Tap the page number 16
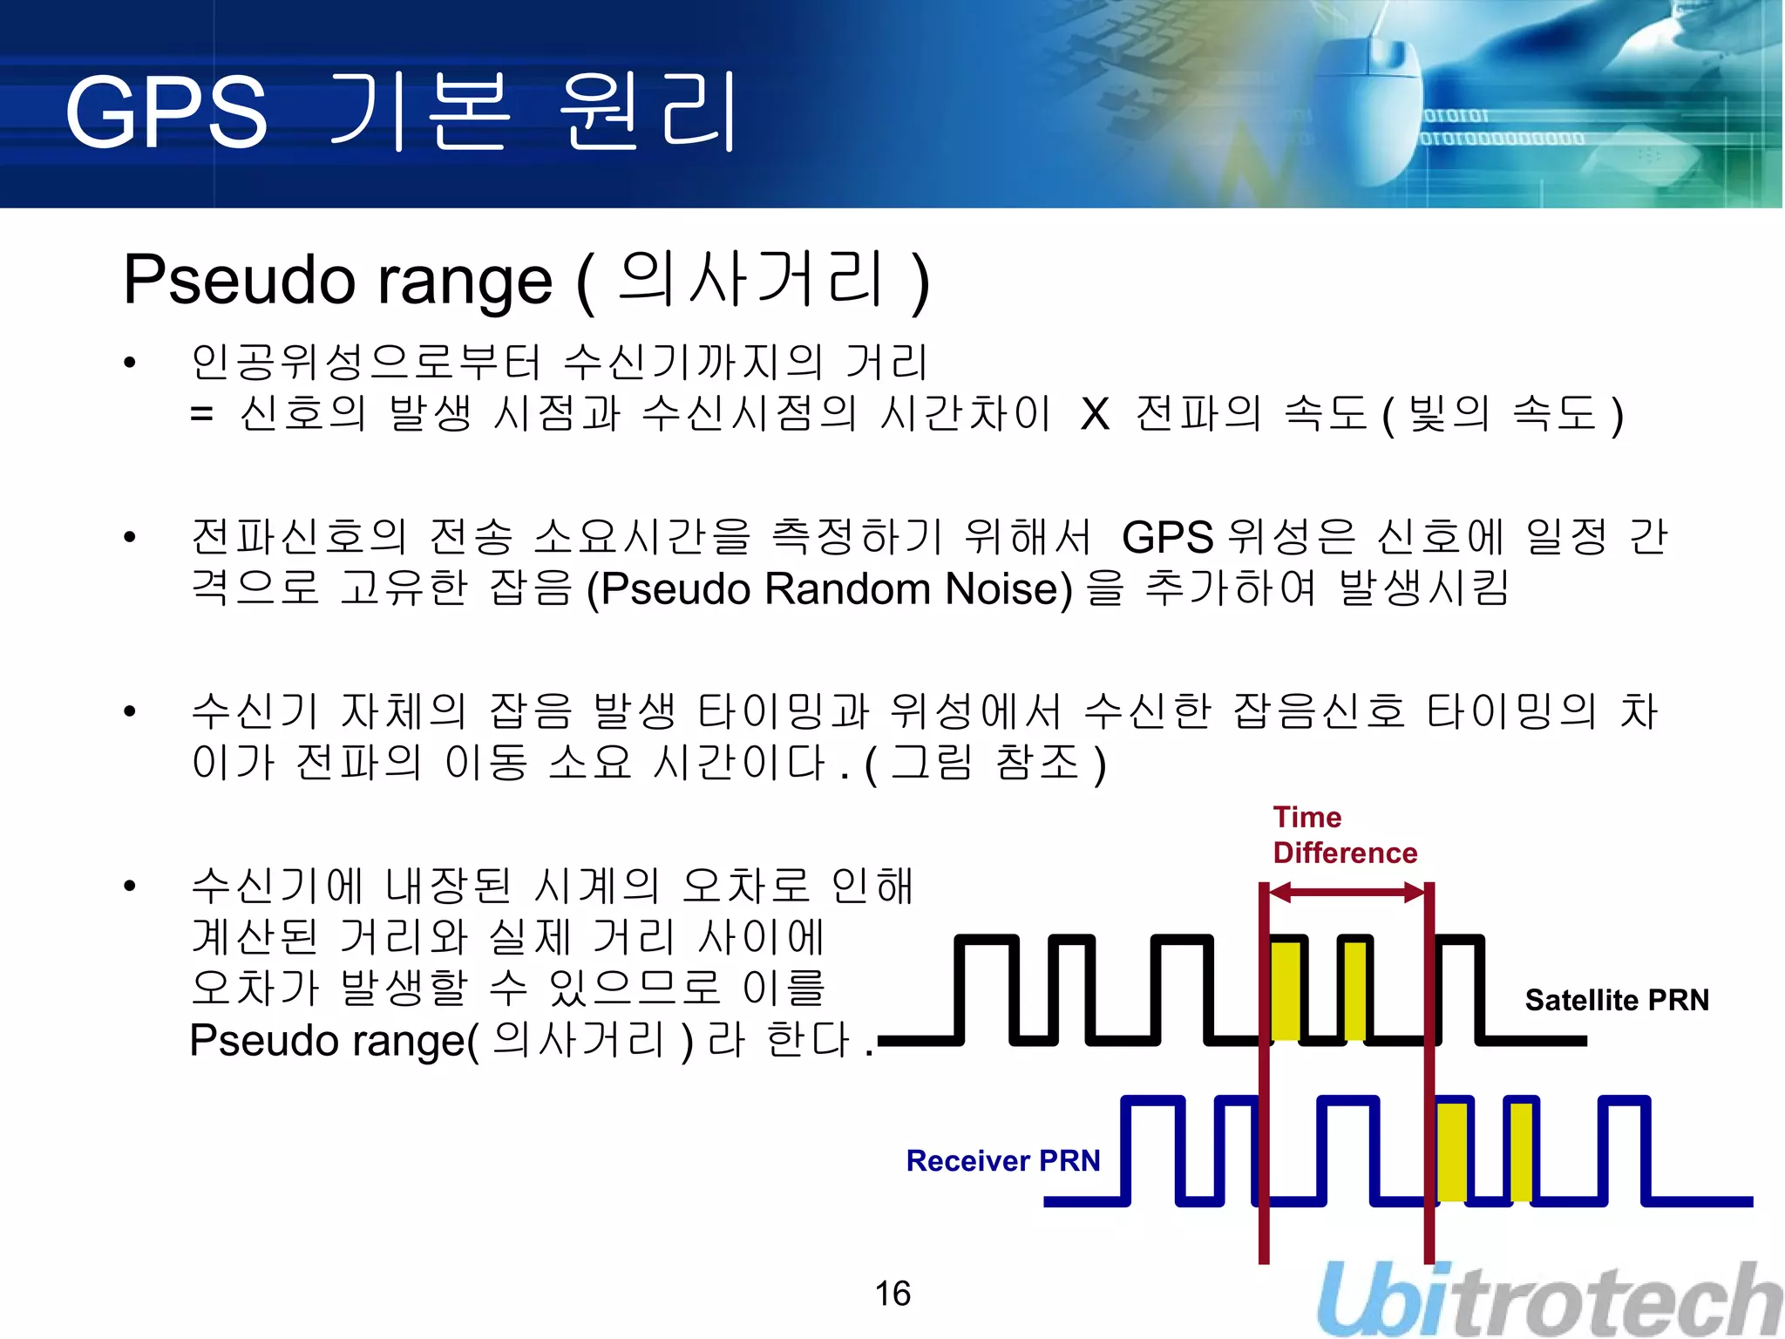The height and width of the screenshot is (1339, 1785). click(x=892, y=1294)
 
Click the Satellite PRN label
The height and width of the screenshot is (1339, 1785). click(x=1617, y=1000)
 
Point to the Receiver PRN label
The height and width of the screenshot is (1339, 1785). click(x=1003, y=1161)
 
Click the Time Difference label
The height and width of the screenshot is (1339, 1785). click(x=1344, y=835)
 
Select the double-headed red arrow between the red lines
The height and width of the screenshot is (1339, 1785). click(x=1347, y=893)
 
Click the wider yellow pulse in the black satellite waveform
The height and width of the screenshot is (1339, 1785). click(x=1286, y=989)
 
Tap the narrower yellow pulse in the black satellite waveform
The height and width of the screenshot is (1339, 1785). click(x=1355, y=989)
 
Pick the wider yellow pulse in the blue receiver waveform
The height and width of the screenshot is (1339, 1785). click(x=1451, y=1151)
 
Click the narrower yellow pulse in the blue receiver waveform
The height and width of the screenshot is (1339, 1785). click(x=1521, y=1151)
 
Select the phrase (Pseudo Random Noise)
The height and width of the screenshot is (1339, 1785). click(x=830, y=589)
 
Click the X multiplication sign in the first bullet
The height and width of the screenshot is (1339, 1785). click(x=1095, y=415)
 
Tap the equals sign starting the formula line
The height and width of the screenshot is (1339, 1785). click(x=201, y=415)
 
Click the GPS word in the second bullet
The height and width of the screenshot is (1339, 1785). click(x=1167, y=538)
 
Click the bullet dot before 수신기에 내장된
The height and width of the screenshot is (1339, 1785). click(x=130, y=887)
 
